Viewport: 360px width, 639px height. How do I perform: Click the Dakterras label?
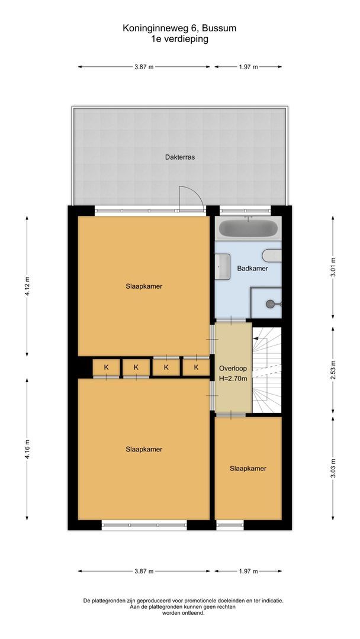coord(180,157)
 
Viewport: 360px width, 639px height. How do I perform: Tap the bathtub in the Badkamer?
coord(247,228)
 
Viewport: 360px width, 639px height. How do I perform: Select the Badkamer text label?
coord(252,268)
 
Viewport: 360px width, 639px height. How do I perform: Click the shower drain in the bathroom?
coord(271,304)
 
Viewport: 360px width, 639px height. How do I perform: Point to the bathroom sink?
coord(223,266)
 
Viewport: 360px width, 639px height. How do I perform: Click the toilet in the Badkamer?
coord(273,256)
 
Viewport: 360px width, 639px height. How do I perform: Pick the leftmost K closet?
coord(107,367)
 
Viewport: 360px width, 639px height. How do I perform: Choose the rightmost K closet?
coord(195,367)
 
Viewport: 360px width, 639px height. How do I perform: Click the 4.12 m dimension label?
coord(28,286)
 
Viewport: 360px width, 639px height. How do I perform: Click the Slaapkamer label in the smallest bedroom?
coord(248,468)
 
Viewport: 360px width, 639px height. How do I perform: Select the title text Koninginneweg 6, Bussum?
coord(179,28)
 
